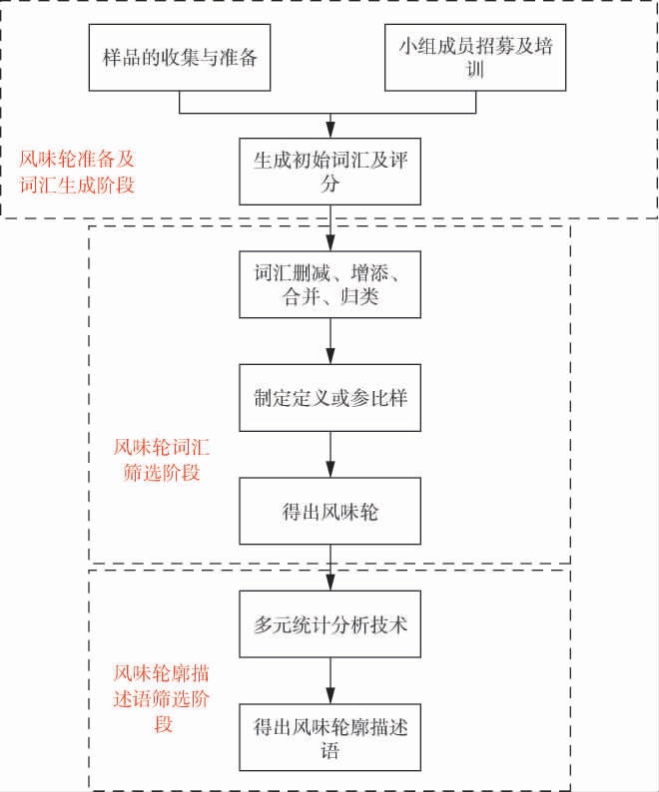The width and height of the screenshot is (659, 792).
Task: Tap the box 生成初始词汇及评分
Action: click(x=329, y=171)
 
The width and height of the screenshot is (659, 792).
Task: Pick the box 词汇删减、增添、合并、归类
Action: click(x=329, y=283)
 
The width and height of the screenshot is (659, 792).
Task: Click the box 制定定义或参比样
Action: click(x=329, y=397)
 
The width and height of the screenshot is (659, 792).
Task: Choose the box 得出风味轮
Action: click(x=329, y=511)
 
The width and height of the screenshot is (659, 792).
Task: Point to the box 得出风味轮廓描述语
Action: click(x=329, y=738)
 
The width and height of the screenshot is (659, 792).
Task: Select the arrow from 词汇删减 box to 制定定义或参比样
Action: click(x=329, y=341)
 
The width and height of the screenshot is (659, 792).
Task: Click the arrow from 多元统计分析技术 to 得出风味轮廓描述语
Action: click(x=329, y=683)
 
